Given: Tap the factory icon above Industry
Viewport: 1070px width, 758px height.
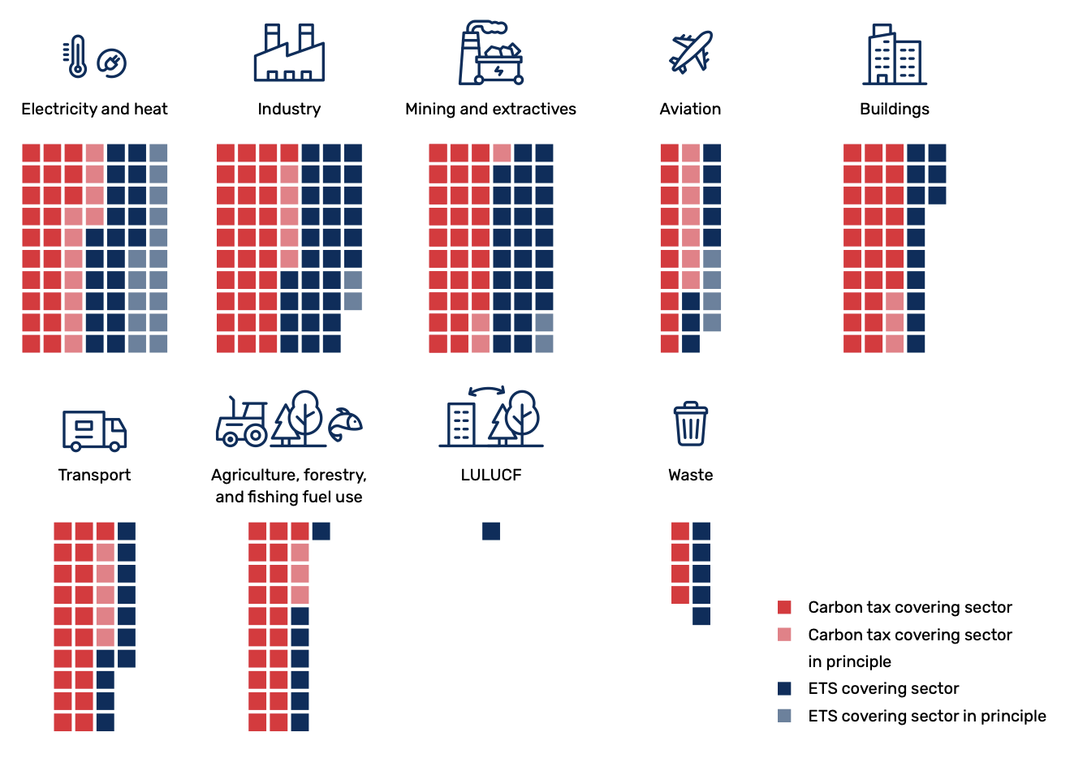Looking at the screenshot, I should tap(289, 54).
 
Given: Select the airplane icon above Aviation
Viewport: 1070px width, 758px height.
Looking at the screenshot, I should tap(690, 52).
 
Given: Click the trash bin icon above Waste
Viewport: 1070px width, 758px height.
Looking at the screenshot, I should tap(691, 424).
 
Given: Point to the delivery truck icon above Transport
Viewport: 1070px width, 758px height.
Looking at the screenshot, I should tap(94, 430).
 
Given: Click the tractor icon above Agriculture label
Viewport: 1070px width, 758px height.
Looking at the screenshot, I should tap(242, 423).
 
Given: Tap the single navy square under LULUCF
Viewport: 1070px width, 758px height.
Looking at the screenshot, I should tap(491, 532).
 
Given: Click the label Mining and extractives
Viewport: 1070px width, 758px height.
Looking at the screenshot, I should tap(490, 109).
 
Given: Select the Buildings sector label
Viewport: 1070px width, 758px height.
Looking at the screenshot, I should tap(894, 109).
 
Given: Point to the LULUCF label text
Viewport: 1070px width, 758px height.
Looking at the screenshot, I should tap(490, 475).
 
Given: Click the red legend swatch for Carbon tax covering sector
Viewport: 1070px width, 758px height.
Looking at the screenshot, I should tap(784, 607).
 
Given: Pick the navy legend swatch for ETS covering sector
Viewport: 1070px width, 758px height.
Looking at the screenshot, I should tap(784, 688).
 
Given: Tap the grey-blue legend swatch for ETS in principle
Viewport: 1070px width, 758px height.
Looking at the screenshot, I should tap(784, 716).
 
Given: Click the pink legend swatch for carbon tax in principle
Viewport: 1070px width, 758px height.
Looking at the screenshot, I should tap(784, 635).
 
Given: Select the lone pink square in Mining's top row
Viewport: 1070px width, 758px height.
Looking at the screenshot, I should tap(502, 153).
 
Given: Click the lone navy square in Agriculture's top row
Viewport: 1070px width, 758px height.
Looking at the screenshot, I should tap(321, 532).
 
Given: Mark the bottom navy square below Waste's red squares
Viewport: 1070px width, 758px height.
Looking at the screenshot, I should tap(701, 616).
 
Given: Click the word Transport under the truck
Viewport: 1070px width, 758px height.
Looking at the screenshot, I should tap(94, 475).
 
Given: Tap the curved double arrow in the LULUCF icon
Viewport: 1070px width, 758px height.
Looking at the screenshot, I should tap(487, 390).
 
